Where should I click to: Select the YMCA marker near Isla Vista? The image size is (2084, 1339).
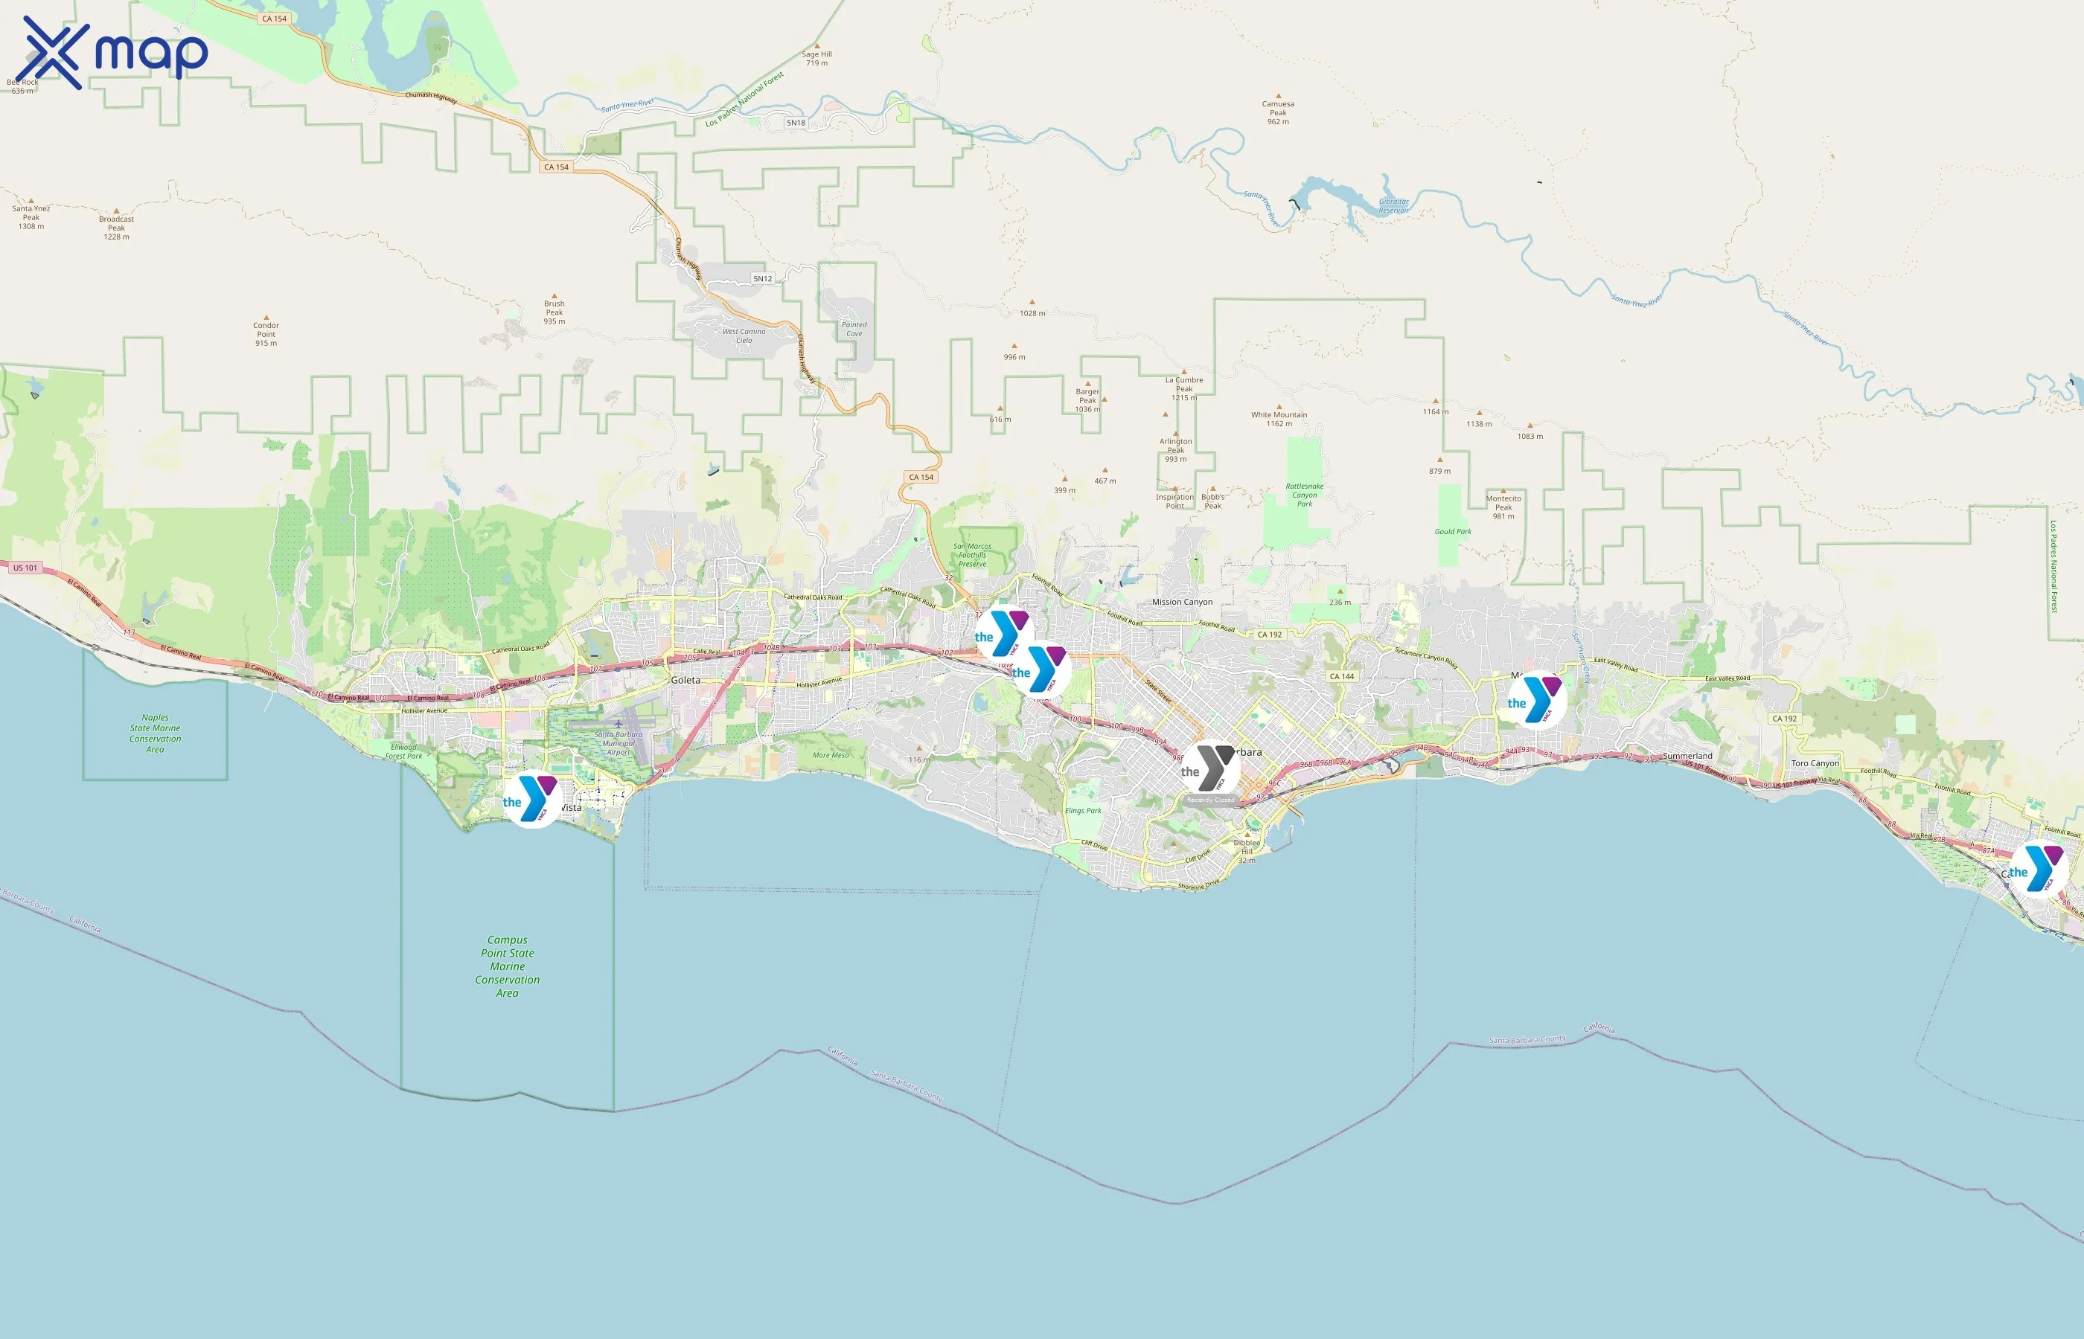[x=531, y=799]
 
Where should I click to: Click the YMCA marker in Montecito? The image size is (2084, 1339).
[x=1537, y=701]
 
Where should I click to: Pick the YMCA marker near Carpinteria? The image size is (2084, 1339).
[x=2038, y=870]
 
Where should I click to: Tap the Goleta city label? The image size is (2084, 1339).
[x=685, y=680]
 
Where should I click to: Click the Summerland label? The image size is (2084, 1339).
[x=1687, y=756]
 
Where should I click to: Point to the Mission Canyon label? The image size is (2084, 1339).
[x=1182, y=602]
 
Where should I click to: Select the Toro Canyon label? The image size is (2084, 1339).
[x=1815, y=763]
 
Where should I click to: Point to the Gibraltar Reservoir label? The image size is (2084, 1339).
[x=1393, y=206]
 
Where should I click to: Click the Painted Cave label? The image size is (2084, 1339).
[x=854, y=329]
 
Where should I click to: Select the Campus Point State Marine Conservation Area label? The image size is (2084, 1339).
[x=507, y=966]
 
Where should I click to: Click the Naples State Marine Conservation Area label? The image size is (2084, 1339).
[x=155, y=733]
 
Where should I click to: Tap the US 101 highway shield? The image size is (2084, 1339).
[x=25, y=568]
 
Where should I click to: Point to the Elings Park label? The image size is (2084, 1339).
[x=1083, y=810]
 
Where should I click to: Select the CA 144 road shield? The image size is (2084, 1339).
[x=1341, y=675]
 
